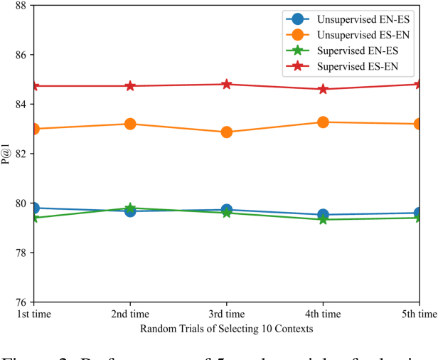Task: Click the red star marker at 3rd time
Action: (227, 84)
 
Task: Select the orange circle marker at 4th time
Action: (323, 122)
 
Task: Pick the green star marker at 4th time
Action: (323, 219)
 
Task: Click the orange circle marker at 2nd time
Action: (130, 124)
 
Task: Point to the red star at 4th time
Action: (323, 89)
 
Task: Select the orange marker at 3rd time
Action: (227, 132)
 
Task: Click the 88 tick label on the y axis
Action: (21, 6)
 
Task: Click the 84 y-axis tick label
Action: (21, 105)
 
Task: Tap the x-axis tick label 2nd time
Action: (130, 313)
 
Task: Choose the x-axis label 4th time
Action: (323, 313)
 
